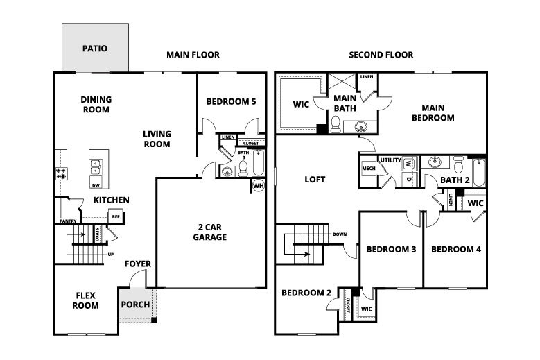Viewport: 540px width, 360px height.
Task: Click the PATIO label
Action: [94, 49]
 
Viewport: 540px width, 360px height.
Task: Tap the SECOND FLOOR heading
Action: [381, 55]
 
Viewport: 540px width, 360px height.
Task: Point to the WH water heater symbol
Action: [258, 186]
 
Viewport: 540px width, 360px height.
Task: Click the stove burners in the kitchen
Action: [60, 172]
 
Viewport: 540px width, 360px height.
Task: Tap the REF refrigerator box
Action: [116, 216]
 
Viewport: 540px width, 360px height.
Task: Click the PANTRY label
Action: [68, 221]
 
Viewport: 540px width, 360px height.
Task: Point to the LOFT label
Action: [315, 179]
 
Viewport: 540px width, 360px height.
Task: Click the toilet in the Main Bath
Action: [336, 124]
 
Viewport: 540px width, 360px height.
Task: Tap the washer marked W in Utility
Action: [409, 164]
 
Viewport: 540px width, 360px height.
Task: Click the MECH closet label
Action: [368, 169]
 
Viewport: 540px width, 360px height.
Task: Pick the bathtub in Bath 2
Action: [478, 169]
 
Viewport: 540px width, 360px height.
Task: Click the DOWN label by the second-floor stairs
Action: [340, 234]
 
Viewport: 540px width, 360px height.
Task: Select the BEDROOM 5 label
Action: [231, 102]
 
